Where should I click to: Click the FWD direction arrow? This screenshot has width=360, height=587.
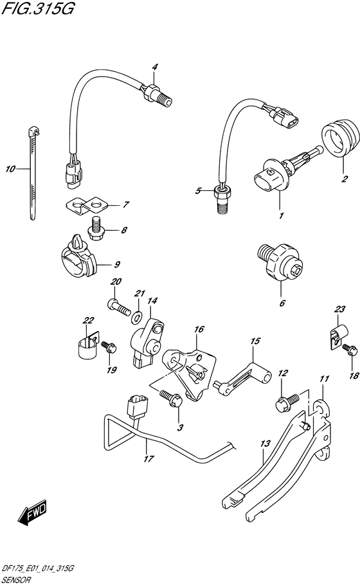point(32,512)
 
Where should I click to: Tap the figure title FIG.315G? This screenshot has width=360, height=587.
point(37,8)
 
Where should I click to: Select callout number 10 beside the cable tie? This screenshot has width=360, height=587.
point(10,169)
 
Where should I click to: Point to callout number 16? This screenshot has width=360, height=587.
point(199,329)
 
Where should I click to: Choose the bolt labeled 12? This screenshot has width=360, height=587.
point(288,402)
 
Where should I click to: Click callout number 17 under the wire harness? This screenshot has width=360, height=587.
point(148,458)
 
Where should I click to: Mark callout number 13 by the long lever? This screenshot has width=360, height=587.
point(265,444)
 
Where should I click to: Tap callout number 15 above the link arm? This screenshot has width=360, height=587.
point(255,341)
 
